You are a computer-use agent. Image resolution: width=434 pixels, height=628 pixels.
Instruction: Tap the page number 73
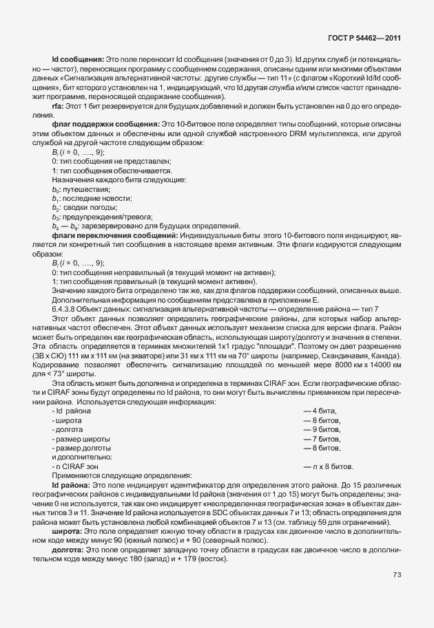coord(397,575)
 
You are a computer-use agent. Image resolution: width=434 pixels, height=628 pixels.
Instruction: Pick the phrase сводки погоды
coord(87,206)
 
